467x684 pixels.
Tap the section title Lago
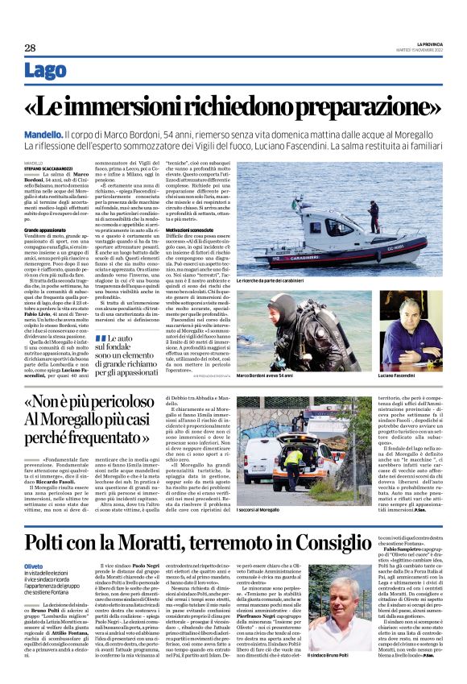46,71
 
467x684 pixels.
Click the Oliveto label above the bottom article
35,566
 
